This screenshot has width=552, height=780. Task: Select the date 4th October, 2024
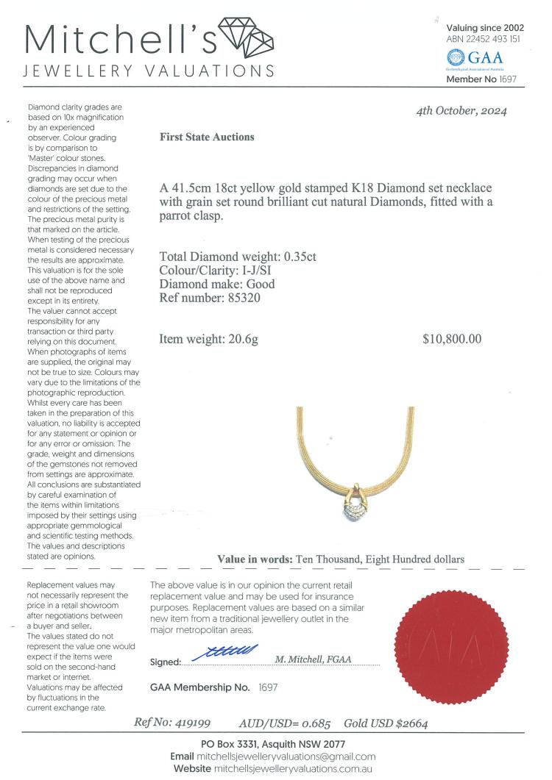tap(461, 112)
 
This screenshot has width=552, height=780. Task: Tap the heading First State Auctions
tap(207, 137)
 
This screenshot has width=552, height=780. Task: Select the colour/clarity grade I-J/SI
tap(269, 271)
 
